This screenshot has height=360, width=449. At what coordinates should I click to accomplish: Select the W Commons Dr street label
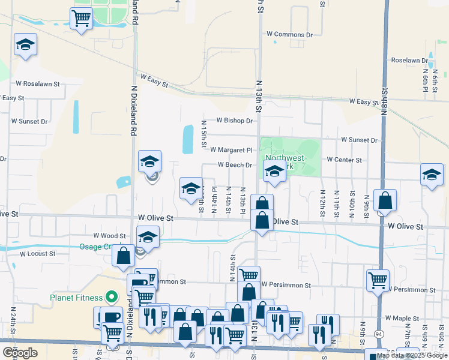point(293,35)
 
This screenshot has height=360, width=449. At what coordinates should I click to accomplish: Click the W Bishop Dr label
point(235,121)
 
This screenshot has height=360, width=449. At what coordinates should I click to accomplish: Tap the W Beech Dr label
point(234,164)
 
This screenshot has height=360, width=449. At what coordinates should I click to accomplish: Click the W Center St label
point(344,160)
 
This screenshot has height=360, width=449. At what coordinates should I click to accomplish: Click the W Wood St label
point(109,236)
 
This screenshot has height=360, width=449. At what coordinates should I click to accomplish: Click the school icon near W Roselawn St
point(25,45)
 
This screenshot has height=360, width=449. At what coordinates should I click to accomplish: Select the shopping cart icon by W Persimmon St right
point(378,280)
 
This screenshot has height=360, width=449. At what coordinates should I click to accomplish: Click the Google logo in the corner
point(19,352)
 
